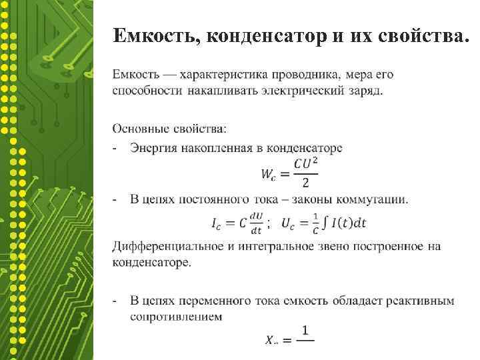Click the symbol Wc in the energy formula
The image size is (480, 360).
tap(269, 175)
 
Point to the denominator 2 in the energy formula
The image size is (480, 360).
tap(305, 183)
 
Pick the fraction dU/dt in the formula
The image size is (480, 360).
tap(256, 225)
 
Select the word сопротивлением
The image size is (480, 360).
tap(176, 317)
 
